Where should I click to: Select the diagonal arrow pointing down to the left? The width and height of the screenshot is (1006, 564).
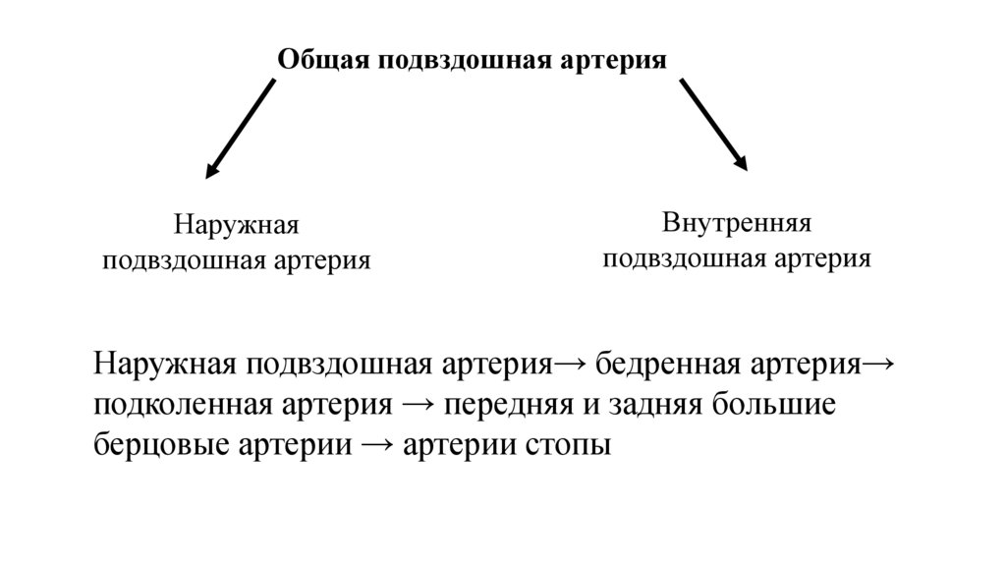(x=240, y=129)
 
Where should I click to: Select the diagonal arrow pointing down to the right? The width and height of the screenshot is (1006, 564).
(x=714, y=125)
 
